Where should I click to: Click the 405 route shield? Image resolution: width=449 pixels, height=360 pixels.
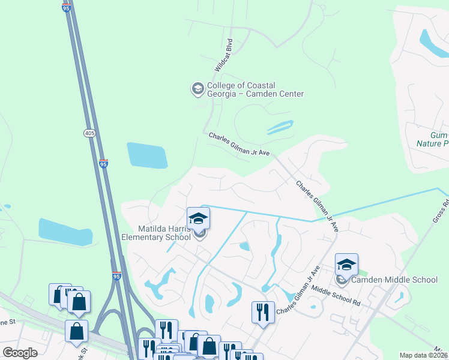[89, 134]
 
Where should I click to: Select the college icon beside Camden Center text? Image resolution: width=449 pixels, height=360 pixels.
[197, 89]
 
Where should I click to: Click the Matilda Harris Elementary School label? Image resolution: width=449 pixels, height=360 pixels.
[157, 233]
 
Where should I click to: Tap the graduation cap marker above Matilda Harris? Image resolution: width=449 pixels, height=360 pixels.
[199, 219]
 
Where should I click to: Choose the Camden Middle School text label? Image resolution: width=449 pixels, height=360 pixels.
[394, 280]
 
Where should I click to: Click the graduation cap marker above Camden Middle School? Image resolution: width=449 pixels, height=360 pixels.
[346, 265]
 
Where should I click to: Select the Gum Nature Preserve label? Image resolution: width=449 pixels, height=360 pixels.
[432, 140]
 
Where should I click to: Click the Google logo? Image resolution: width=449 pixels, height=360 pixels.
[20, 353]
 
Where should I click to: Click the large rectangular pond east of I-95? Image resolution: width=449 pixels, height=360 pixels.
[146, 155]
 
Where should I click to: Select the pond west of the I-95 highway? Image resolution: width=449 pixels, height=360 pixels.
[65, 232]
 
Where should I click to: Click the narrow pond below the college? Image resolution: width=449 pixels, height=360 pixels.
[280, 127]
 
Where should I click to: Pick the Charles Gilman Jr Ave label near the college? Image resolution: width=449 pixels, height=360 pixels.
[239, 145]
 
